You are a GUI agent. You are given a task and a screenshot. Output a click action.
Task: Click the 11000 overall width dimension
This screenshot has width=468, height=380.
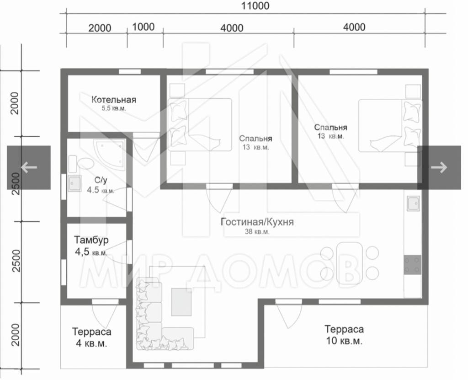pos(255,5)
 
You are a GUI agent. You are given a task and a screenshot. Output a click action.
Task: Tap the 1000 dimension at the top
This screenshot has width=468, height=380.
pos(143,27)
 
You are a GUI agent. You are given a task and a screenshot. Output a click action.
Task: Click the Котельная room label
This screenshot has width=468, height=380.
pos(114,100)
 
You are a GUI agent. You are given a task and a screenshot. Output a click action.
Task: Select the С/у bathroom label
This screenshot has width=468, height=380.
pos(101,180)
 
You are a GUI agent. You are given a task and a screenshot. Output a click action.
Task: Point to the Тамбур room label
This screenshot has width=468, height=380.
pos(91,240)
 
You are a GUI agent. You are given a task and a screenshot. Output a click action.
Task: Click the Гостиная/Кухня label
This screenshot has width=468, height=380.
pos(257,222)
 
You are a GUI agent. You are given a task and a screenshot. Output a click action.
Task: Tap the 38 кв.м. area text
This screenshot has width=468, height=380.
pos(257,231)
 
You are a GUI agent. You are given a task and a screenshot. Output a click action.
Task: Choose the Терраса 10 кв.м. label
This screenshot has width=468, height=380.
pos(344,335)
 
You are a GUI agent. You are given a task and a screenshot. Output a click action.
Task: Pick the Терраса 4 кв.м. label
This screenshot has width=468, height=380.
pos(91,337)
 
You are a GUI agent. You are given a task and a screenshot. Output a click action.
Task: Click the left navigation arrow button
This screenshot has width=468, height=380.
pos(29,167)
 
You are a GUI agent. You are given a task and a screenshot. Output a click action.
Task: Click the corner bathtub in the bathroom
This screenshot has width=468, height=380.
pos(110,155)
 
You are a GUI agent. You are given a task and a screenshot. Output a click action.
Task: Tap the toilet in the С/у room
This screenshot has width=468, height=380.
pos(81,163)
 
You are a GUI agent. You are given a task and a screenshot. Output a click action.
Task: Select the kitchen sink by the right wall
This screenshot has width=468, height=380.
pos(413,203)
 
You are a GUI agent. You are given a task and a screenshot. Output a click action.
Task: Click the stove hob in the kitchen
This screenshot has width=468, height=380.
pos(413,265)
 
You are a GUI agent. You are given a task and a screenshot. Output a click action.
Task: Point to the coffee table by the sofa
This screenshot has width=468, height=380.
pos(181,302)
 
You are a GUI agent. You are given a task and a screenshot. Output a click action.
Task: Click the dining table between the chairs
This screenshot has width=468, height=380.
pos(349,263)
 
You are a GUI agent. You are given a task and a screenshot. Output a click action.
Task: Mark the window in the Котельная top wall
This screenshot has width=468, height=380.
pos(130,72)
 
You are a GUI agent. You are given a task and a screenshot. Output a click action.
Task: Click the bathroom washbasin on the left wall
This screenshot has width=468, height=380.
pos(74,183)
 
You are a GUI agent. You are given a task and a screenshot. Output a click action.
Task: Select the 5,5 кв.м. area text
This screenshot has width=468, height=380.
pos(114,108)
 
